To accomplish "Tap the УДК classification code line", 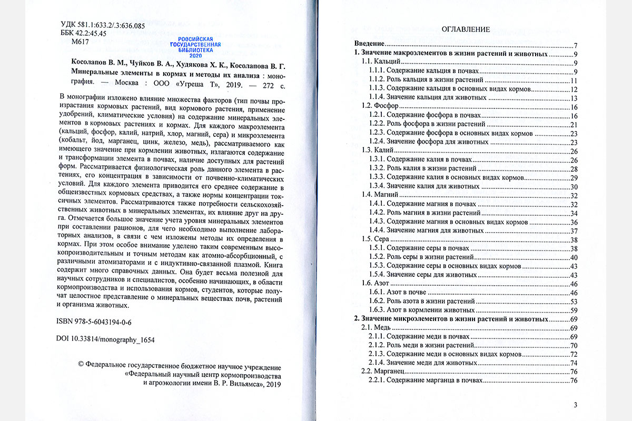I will [x=103, y=24].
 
